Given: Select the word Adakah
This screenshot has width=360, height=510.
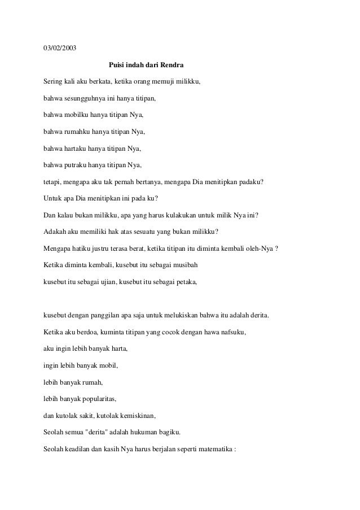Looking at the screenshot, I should coord(56,232).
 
